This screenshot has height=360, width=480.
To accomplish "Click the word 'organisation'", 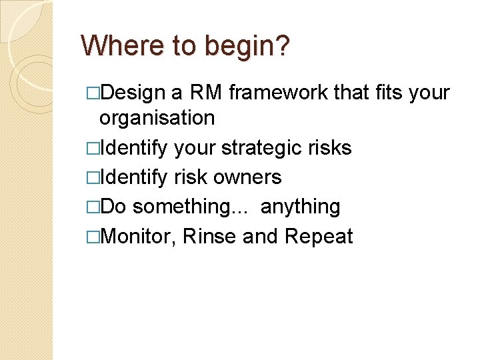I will pyautogui.click(x=157, y=118).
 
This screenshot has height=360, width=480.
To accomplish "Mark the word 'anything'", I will pyautogui.click(x=300, y=207).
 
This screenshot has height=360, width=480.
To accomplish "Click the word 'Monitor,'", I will pyautogui.click(x=138, y=236).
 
